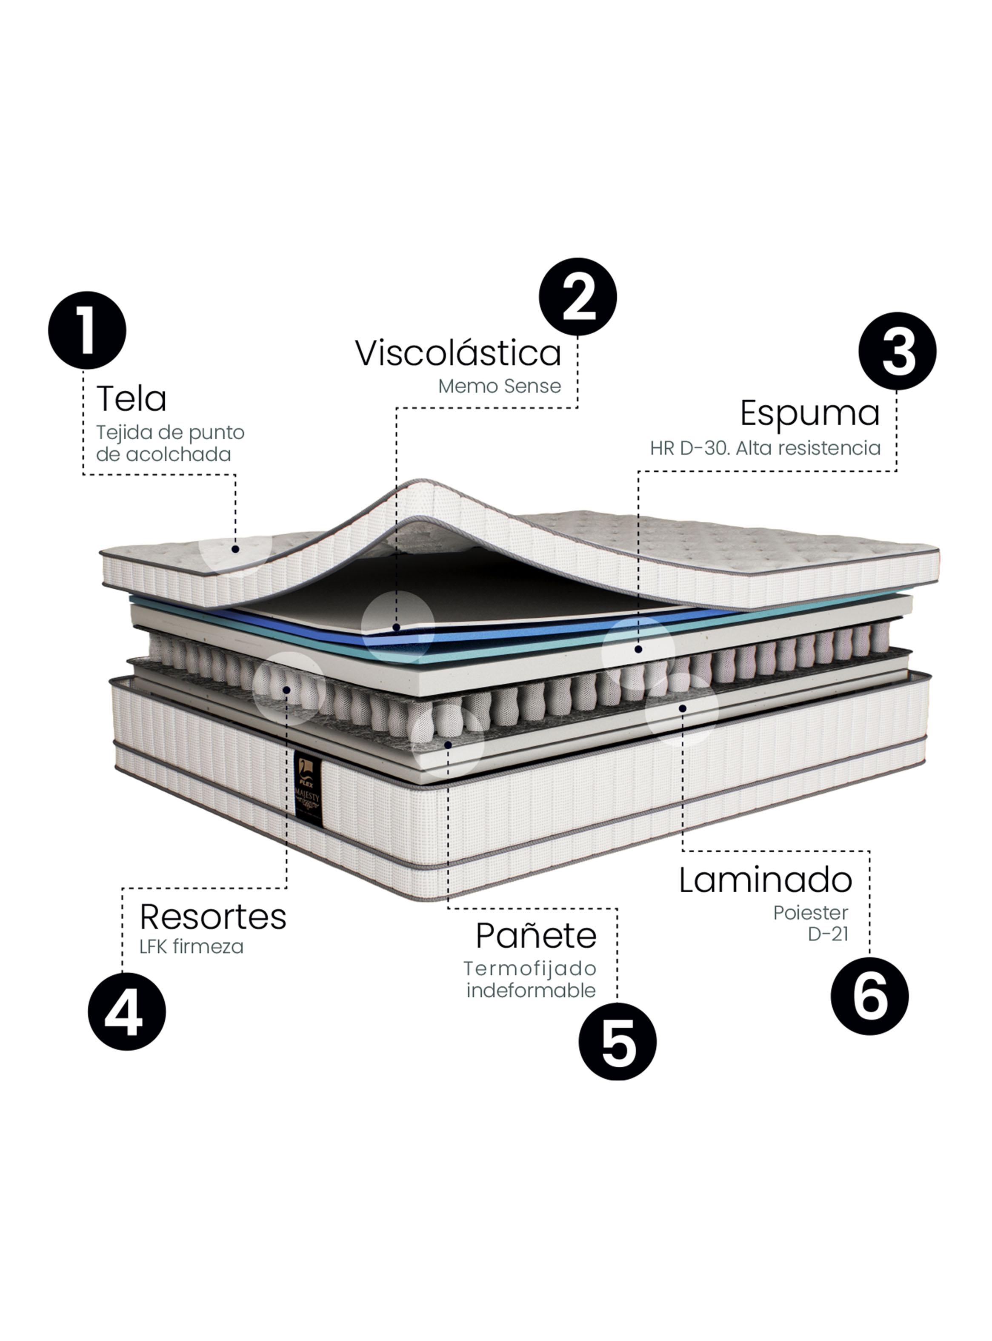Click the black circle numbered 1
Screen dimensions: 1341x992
click(x=87, y=330)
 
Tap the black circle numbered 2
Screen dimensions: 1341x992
click(x=577, y=297)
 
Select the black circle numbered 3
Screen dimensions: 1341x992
click(x=897, y=351)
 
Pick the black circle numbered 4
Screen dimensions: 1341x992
click(x=127, y=1011)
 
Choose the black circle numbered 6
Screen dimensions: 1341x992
click(x=869, y=996)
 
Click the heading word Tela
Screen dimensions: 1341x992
click(x=131, y=399)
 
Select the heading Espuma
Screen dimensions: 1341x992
click(x=809, y=413)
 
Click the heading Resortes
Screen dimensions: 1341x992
click(x=213, y=917)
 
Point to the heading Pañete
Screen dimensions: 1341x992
click(x=536, y=936)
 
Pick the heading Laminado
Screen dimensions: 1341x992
click(x=765, y=880)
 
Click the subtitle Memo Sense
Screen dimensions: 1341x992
click(x=499, y=386)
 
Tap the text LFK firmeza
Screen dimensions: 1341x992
click(x=191, y=947)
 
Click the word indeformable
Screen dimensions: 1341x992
click(x=531, y=990)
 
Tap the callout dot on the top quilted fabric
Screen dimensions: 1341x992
click(x=235, y=549)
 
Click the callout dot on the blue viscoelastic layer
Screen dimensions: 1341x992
click(x=396, y=628)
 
